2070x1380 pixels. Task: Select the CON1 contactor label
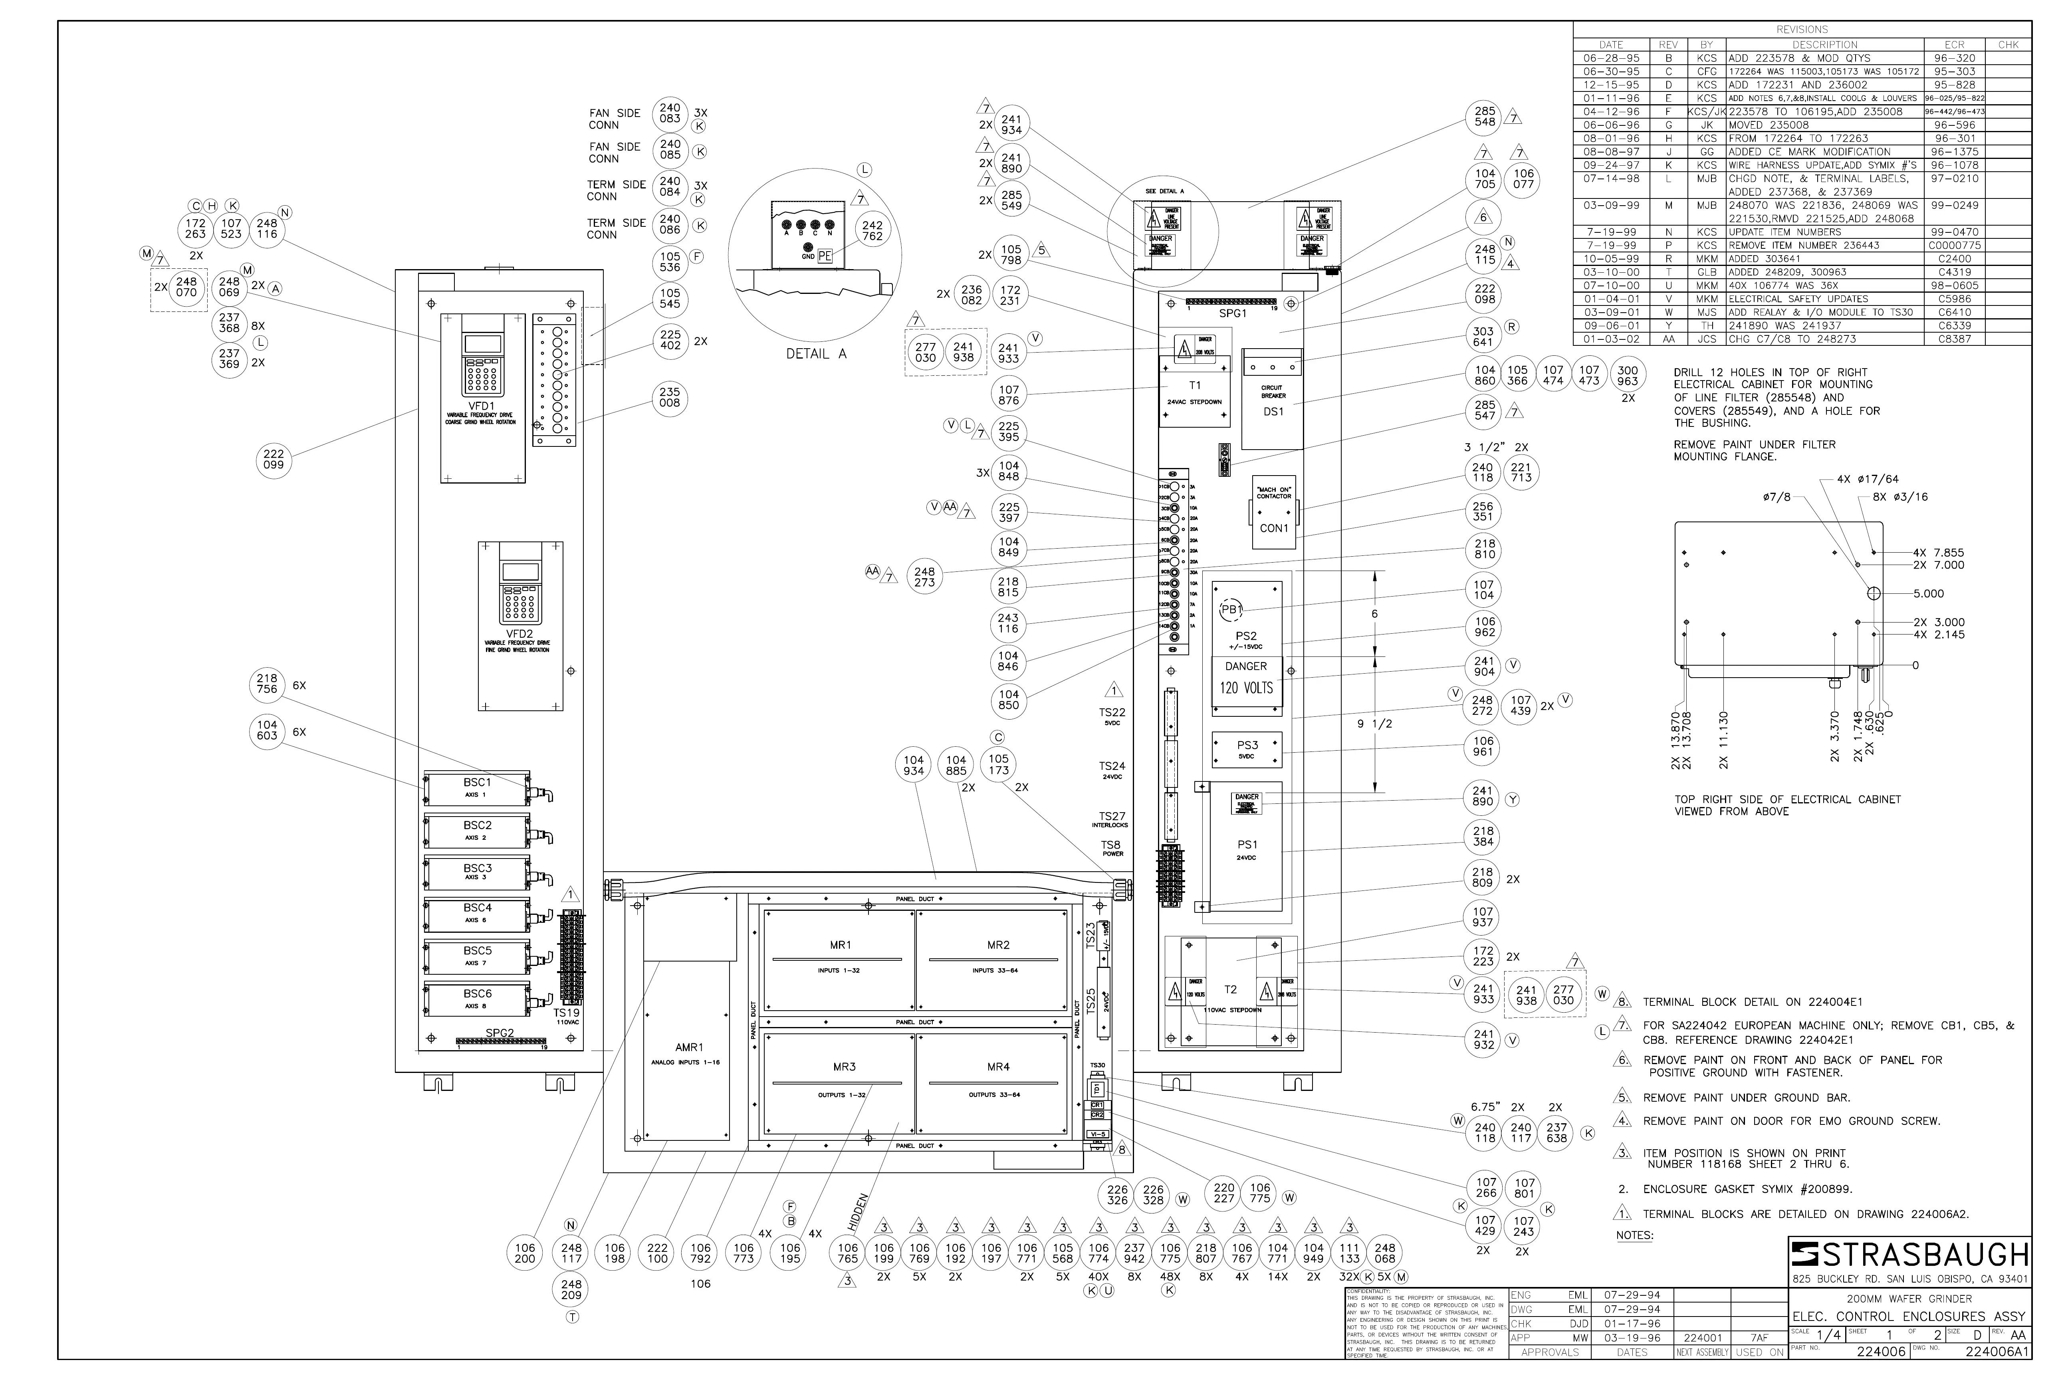[x=1273, y=528]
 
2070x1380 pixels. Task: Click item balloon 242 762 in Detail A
[x=872, y=230]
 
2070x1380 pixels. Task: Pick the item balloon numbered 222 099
[x=274, y=460]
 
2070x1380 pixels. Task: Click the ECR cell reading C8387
[x=1952, y=339]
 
